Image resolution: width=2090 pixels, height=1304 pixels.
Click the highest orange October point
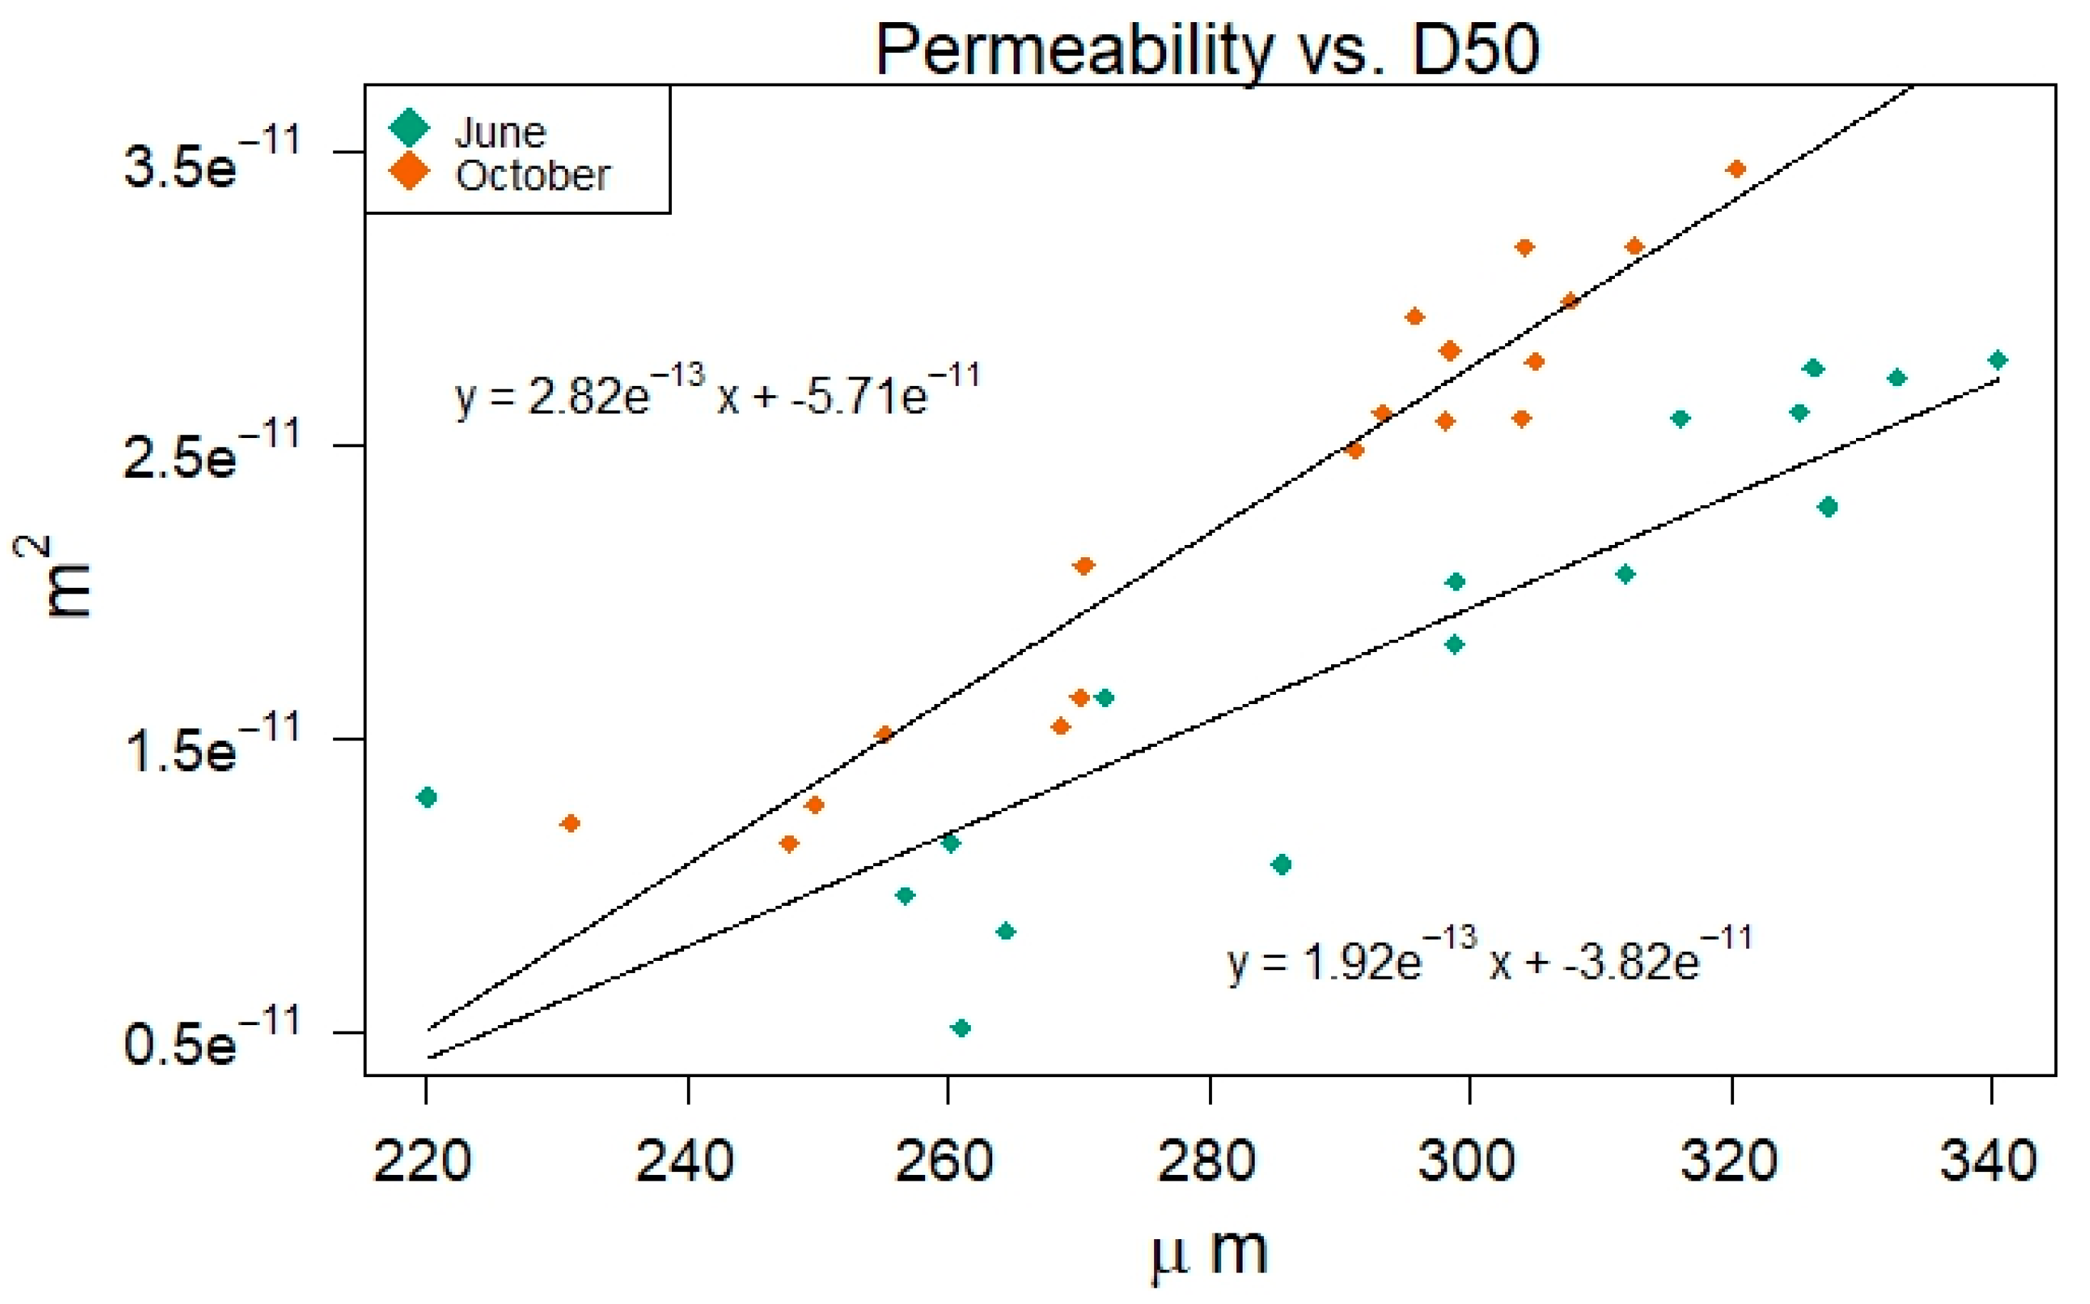(1736, 169)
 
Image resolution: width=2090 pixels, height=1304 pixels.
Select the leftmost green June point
(426, 797)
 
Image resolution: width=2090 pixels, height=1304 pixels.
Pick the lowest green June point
(962, 1027)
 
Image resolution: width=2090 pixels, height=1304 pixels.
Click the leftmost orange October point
(570, 822)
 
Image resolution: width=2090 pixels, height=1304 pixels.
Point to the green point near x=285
(1281, 864)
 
